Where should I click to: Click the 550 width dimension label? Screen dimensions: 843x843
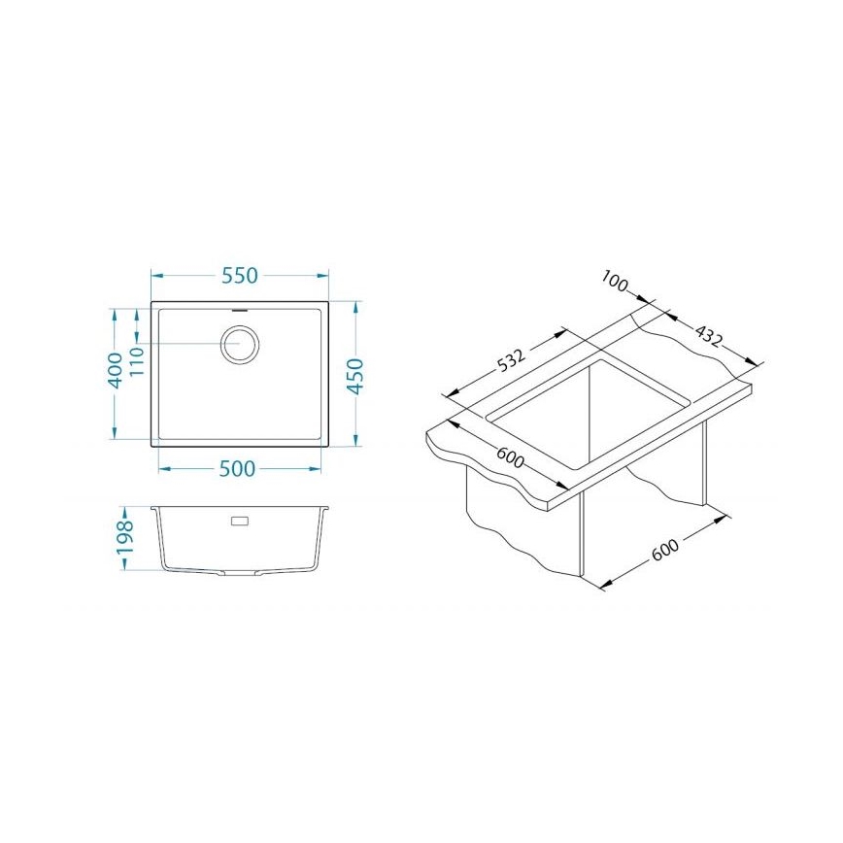click(x=239, y=275)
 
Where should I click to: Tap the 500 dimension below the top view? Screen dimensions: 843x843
click(x=236, y=469)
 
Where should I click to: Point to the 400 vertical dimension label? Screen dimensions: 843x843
click(x=115, y=370)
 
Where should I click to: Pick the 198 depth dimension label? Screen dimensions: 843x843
click(x=124, y=539)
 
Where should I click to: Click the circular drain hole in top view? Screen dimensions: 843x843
click(x=240, y=344)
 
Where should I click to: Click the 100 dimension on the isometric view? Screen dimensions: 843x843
click(x=614, y=283)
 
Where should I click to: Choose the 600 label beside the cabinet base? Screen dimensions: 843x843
click(x=664, y=550)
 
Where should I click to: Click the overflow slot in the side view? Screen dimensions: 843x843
click(x=238, y=522)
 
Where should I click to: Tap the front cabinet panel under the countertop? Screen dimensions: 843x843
click(x=524, y=524)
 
